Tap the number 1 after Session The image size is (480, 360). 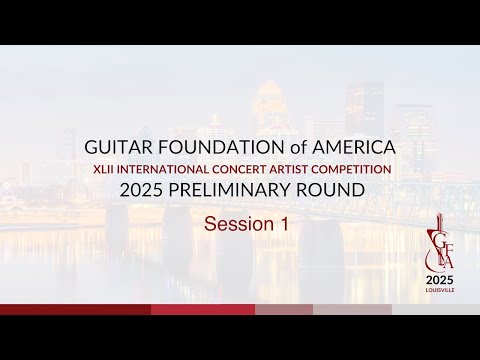pyautogui.click(x=283, y=224)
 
